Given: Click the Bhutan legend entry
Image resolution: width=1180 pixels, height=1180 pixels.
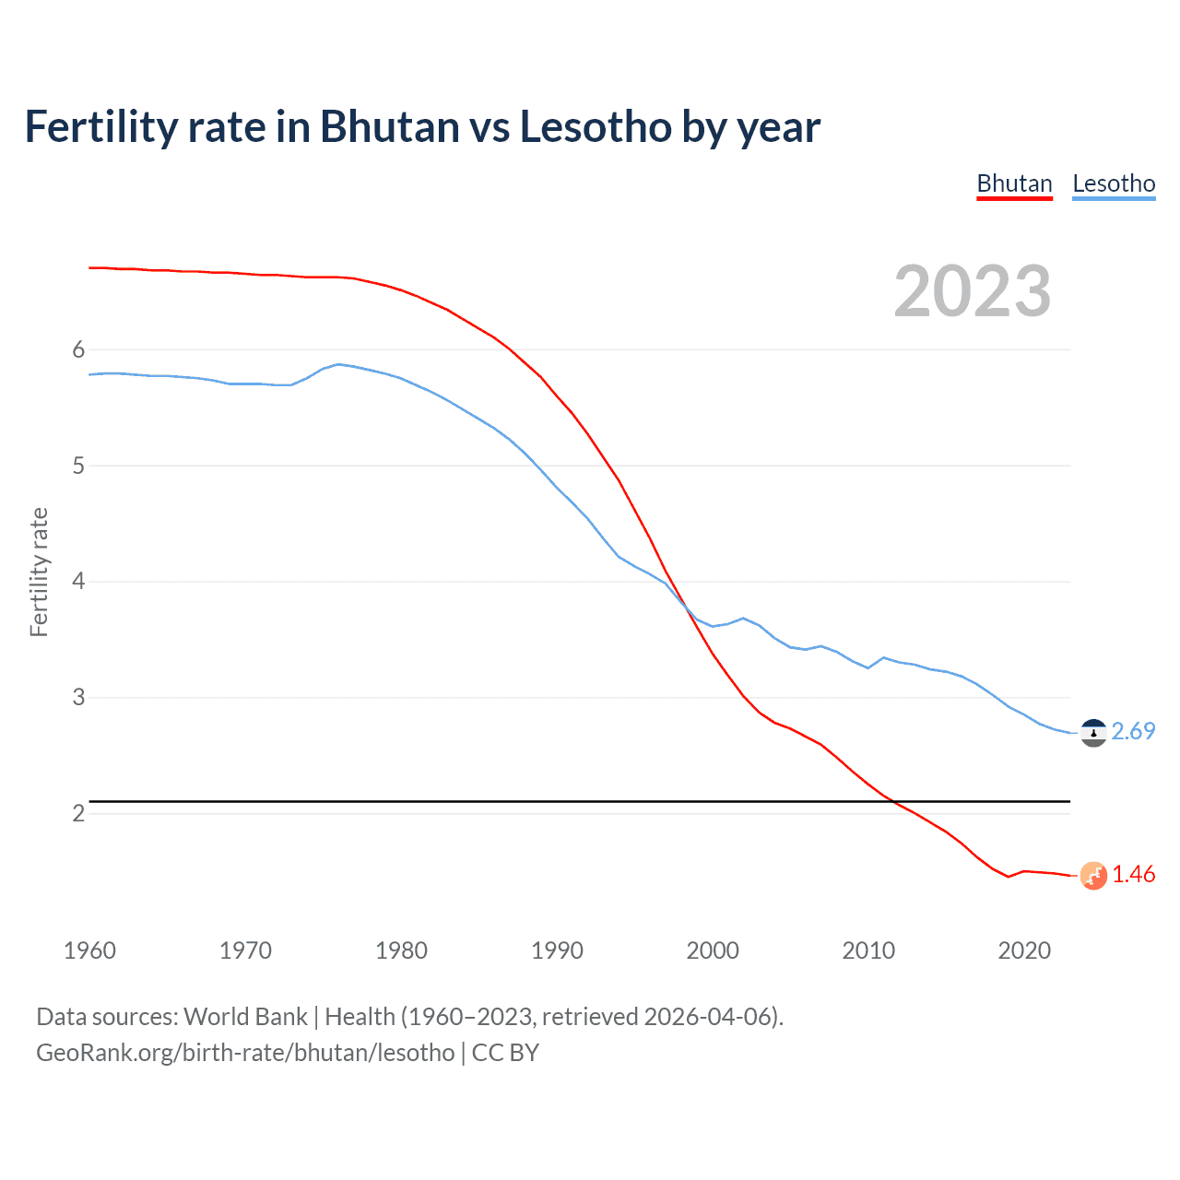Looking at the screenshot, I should (1014, 183).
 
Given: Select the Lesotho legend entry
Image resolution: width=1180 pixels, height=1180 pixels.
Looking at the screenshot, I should (1114, 183).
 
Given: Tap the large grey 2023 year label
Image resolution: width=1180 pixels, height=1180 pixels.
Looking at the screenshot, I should (973, 291).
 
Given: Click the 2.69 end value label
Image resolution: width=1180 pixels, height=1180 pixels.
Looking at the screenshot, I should (1133, 731).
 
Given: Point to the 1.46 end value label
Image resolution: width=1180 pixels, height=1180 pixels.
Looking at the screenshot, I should (1133, 874).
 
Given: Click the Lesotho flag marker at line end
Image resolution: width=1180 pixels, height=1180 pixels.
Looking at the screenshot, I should (1093, 733).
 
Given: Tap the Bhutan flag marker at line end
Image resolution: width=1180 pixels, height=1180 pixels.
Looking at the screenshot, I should (1093, 875).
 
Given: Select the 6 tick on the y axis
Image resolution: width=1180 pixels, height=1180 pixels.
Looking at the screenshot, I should (78, 349).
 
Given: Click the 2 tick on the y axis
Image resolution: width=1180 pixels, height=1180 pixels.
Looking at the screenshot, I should (78, 813).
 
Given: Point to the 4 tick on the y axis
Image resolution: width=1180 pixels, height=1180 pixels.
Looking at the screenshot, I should (78, 581).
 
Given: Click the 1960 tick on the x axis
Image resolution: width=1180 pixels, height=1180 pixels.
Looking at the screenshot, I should (89, 950).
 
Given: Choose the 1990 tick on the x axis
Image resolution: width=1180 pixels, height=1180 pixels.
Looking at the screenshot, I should (557, 950).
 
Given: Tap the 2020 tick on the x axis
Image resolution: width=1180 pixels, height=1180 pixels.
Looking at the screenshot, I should (1024, 950).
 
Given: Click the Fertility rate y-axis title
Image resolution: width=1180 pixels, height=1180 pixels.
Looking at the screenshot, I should (39, 572).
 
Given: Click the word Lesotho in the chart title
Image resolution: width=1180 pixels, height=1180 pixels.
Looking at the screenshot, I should (596, 127).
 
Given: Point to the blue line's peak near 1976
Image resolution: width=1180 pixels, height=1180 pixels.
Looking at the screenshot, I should (338, 364).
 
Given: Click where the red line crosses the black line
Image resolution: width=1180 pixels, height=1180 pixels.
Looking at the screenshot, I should (891, 801).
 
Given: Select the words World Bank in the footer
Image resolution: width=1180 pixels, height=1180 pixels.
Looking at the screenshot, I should (245, 1017).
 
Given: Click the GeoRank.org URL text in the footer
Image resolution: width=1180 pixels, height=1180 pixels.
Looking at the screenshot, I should (245, 1053).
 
